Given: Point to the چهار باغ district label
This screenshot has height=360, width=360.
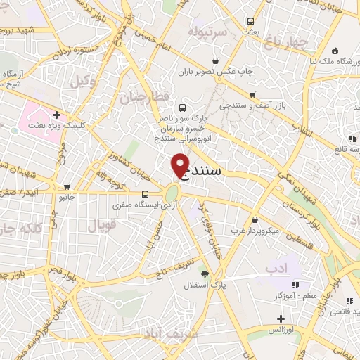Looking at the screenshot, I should pos(291,42).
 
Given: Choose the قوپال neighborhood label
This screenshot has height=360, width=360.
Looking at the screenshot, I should pos(101,224).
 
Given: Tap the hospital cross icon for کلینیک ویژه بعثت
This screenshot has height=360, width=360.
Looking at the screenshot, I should pos(56,115).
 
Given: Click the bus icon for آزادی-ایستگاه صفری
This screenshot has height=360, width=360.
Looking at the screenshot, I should pos(146,194).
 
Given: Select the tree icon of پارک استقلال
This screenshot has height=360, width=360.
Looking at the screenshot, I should pos(205,274).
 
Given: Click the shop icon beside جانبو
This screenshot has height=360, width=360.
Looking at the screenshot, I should pos(67,187).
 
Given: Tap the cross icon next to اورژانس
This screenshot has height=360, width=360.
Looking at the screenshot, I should pos(280,319).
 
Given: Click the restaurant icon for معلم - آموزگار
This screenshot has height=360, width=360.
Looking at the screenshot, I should pos(295,285).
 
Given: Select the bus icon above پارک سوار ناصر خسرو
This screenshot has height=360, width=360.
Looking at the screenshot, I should pos(183,108).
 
